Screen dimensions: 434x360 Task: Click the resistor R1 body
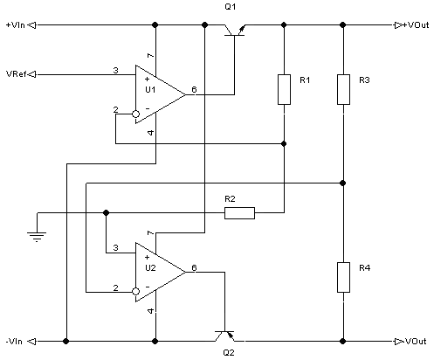(284, 89)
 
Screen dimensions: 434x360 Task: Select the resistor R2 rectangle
(239, 213)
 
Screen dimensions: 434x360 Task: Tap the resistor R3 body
(343, 89)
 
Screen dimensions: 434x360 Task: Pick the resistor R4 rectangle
(343, 277)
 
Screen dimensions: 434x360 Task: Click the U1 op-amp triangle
(160, 94)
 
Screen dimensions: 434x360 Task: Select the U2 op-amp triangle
(160, 273)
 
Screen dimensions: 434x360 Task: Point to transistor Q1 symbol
(235, 31)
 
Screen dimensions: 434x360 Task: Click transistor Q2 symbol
(224, 336)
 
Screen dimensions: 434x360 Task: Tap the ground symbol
(37, 237)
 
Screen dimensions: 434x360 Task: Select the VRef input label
(17, 74)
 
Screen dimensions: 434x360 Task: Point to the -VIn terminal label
(14, 341)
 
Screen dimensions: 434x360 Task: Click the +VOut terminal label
(416, 25)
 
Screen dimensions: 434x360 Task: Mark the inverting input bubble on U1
(135, 114)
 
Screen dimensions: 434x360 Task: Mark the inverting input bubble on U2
(135, 291)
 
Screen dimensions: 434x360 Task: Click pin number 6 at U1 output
(194, 89)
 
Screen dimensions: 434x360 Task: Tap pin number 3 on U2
(115, 248)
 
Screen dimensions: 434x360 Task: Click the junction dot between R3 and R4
(343, 183)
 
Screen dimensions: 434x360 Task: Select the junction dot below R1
(284, 143)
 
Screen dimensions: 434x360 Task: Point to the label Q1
(230, 7)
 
